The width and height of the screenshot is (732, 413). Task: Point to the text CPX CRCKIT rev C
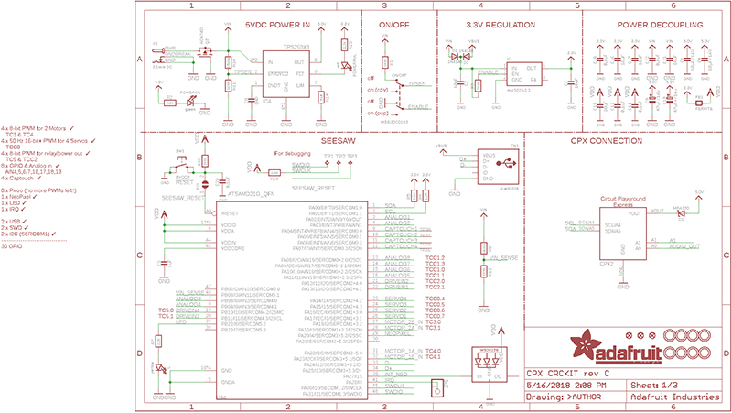562,374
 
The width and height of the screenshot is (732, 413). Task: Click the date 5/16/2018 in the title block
546,386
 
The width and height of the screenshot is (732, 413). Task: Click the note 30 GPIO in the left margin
12,246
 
